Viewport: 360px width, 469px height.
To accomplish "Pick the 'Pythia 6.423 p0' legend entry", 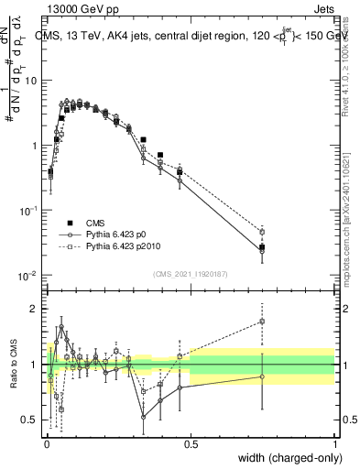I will click(110, 234).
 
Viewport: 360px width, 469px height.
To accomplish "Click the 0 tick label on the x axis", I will click(47, 443).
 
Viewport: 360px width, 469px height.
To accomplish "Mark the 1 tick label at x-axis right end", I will click(334, 443).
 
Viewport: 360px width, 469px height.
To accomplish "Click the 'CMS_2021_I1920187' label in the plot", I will click(191, 272).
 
